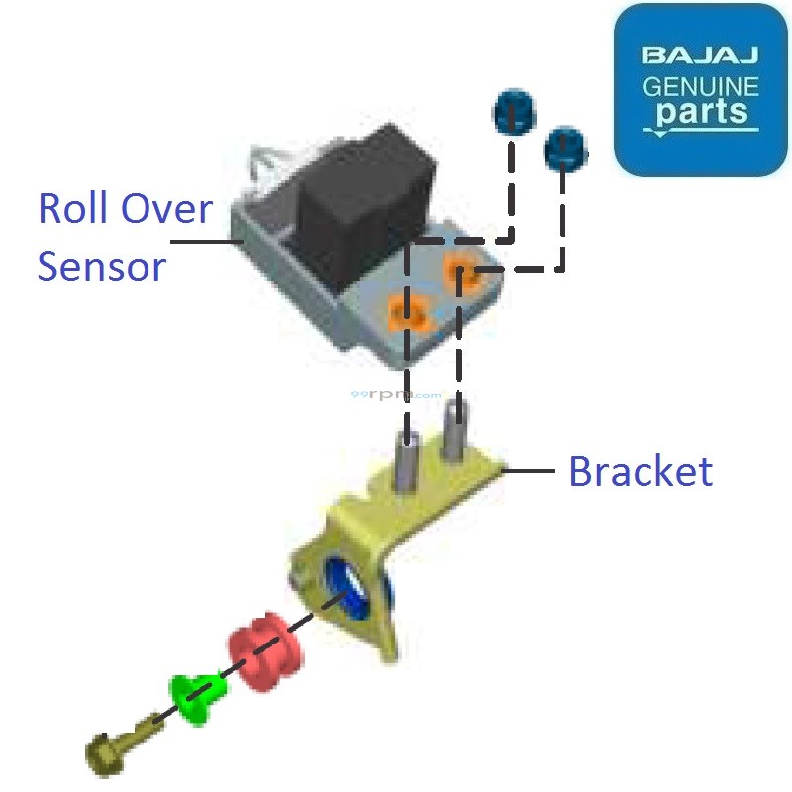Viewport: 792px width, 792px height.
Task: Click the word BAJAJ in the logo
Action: coord(700,55)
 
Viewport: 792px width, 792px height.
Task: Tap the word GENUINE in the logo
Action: coord(700,85)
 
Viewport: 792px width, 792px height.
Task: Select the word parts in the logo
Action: coord(700,112)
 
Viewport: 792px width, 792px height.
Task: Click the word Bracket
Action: coord(640,472)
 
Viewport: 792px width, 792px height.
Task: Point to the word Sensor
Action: coord(101,266)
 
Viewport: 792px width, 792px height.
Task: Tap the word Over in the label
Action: coord(166,210)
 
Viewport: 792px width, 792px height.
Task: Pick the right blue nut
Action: coord(564,148)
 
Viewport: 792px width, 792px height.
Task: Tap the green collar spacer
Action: coord(197,696)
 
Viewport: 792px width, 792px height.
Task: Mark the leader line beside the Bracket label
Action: coord(532,472)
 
